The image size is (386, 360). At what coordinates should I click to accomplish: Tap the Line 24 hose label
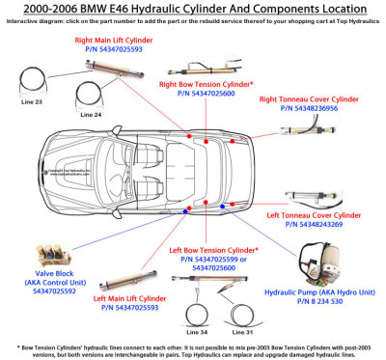click(91, 115)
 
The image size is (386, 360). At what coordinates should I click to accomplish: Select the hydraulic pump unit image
click(317, 261)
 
